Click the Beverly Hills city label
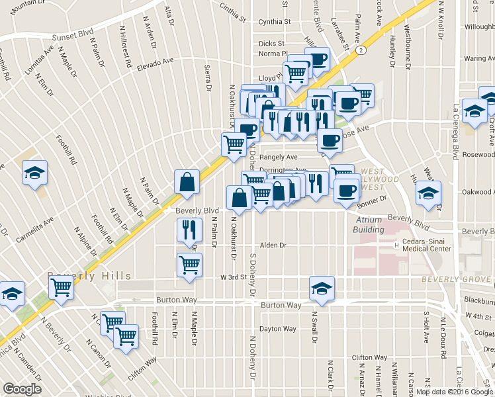coord(89,275)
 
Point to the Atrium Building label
coord(370,225)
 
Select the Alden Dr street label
coord(273,245)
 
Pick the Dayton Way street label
coord(278,328)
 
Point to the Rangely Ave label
coord(279,157)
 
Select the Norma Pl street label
coord(273,54)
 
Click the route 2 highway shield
coord(361,50)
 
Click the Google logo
coord(22,389)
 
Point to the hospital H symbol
coord(397,245)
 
